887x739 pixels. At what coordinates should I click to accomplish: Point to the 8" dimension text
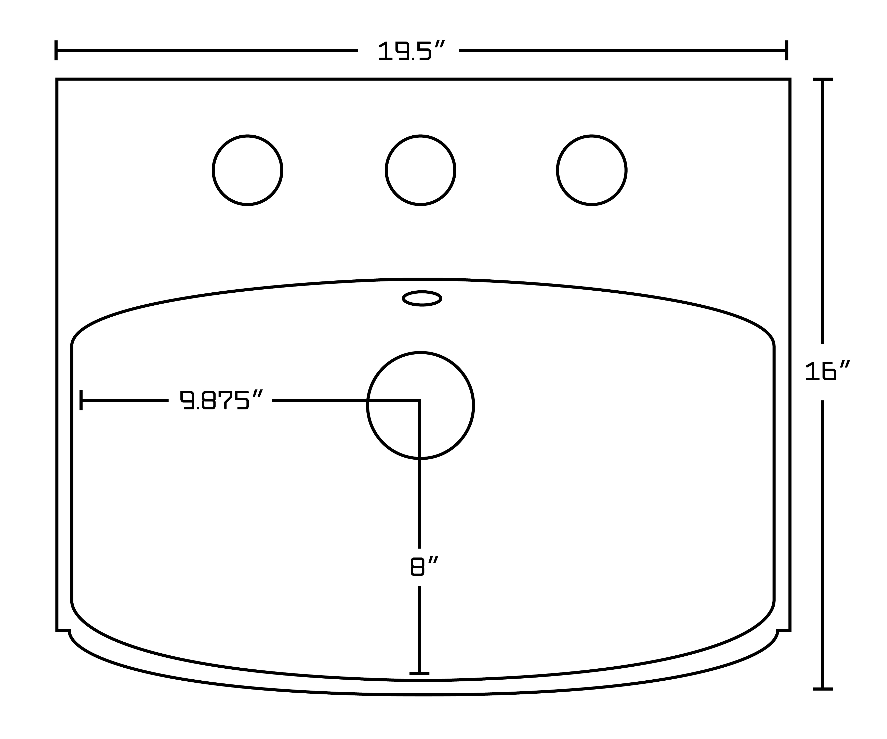(425, 566)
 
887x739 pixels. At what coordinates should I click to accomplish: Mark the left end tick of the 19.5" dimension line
(56, 50)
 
